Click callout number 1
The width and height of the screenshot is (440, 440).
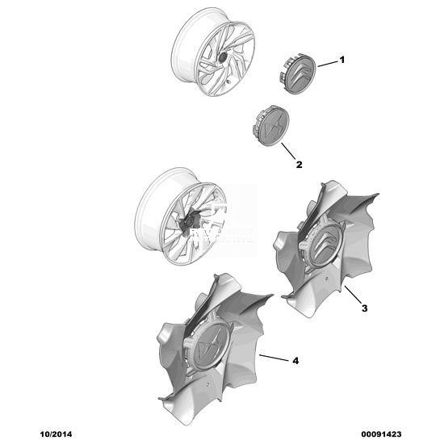tap(342, 60)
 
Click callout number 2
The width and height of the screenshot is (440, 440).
tap(300, 165)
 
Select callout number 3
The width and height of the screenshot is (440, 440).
tap(364, 308)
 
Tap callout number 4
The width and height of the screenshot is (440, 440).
tap(295, 361)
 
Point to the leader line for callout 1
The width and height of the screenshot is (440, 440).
tap(328, 64)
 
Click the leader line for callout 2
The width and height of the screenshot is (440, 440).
tap(288, 151)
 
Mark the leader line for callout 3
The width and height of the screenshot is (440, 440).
tap(353, 295)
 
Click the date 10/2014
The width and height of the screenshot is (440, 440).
tap(56, 434)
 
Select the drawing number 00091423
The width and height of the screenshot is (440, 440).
tap(381, 434)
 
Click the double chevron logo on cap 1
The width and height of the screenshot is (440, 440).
tap(301, 74)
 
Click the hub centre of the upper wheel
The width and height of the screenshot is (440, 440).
tap(222, 57)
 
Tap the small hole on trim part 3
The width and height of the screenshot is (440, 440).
tap(326, 279)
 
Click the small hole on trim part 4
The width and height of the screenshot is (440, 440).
tap(207, 383)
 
